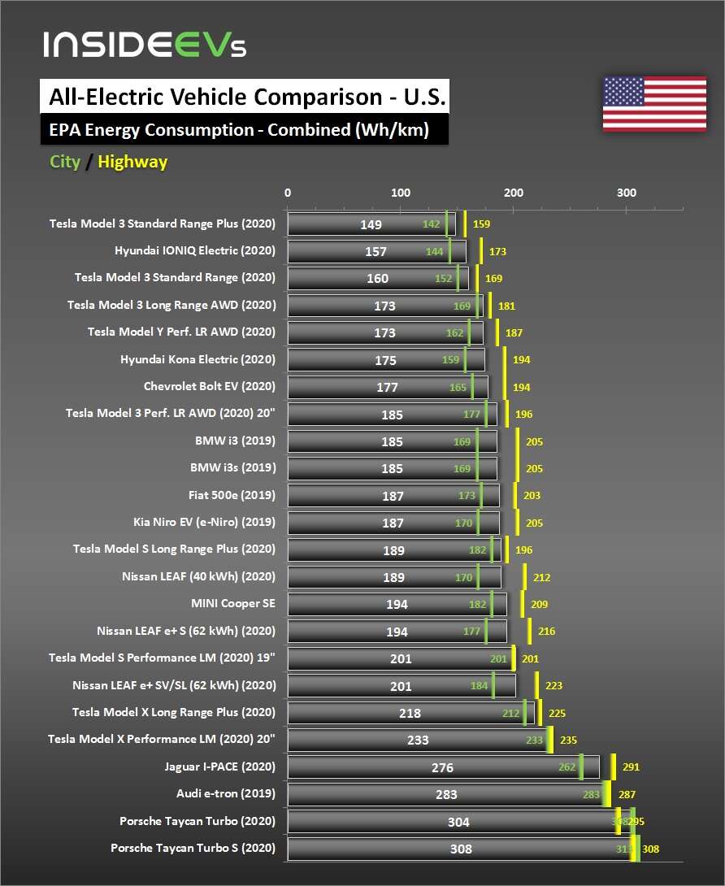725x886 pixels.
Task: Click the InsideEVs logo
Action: click(x=145, y=45)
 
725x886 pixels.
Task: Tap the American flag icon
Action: click(x=654, y=104)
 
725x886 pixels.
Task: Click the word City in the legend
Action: click(x=65, y=162)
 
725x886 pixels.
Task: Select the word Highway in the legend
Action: click(x=132, y=162)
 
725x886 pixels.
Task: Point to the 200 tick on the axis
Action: click(x=513, y=193)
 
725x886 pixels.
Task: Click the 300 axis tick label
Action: click(x=626, y=193)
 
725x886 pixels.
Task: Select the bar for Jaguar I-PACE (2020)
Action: click(x=443, y=767)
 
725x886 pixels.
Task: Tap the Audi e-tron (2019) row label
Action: click(x=226, y=794)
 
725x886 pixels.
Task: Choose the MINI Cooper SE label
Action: click(x=233, y=604)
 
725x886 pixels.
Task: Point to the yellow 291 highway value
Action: click(x=631, y=767)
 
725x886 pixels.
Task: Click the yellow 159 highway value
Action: click(x=481, y=224)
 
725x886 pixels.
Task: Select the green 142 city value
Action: click(x=431, y=224)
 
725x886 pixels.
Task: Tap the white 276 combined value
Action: click(x=442, y=767)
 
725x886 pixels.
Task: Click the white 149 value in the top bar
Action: click(x=371, y=224)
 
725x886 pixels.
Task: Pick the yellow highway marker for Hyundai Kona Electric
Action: click(x=505, y=359)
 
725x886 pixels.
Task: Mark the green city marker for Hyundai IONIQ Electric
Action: click(x=449, y=251)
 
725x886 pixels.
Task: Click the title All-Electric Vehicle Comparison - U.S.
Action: click(x=243, y=98)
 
